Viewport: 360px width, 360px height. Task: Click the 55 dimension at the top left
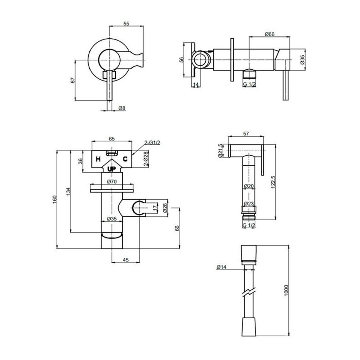[127, 23]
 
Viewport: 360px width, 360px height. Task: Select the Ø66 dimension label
[269, 34]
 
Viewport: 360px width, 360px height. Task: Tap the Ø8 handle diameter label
[122, 108]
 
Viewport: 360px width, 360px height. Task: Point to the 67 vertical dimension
[73, 80]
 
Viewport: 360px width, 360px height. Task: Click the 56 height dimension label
[182, 60]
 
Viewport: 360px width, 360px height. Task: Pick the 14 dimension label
[196, 85]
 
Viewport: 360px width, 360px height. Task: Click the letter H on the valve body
[98, 159]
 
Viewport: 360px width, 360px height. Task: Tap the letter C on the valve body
[125, 159]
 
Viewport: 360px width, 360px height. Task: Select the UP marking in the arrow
[112, 169]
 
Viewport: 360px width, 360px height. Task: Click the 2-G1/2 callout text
[152, 142]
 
